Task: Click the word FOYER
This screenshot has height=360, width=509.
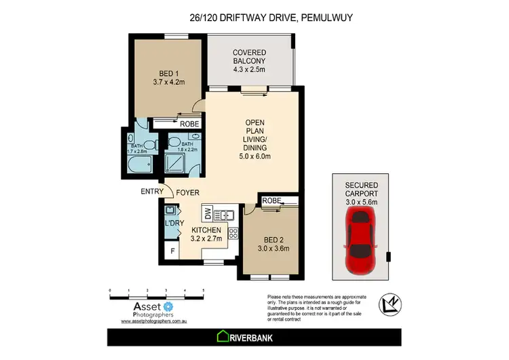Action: (188, 193)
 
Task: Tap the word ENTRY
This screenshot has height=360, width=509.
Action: (152, 192)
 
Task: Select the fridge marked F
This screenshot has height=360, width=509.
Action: (172, 251)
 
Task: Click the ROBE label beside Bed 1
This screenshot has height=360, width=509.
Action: (189, 124)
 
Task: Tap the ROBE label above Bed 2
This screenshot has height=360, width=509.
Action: (271, 200)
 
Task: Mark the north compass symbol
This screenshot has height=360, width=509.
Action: (388, 303)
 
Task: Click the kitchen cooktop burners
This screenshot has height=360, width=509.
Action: (233, 233)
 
